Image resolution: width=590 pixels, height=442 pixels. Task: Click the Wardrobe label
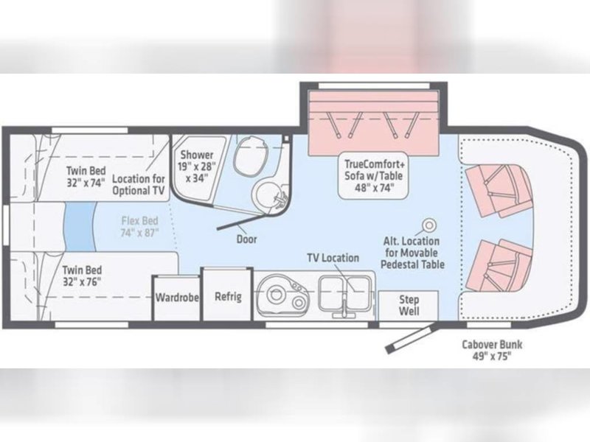[x=177, y=298]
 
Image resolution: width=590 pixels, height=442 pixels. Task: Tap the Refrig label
[x=228, y=296]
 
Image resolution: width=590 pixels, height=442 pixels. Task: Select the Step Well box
[x=409, y=306]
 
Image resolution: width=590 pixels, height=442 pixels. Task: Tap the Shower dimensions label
[x=197, y=166]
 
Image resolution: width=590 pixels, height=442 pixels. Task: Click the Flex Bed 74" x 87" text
[x=139, y=227]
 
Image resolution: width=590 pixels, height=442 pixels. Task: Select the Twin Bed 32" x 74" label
[x=86, y=176]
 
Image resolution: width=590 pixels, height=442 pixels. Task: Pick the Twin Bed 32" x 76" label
[x=82, y=276]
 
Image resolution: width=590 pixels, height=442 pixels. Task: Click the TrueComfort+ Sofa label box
[x=373, y=175]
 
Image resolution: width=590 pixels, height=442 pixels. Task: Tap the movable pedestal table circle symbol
[x=429, y=225]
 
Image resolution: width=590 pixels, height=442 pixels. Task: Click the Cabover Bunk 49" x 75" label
[x=492, y=350]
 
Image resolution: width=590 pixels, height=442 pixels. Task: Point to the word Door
[x=247, y=239]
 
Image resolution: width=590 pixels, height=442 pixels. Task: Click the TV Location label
[x=333, y=258]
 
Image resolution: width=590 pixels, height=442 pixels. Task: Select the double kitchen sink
[x=344, y=294]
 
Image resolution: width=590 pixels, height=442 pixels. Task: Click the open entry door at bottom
[x=411, y=338]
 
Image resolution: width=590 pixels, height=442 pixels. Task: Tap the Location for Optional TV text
[x=139, y=185]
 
